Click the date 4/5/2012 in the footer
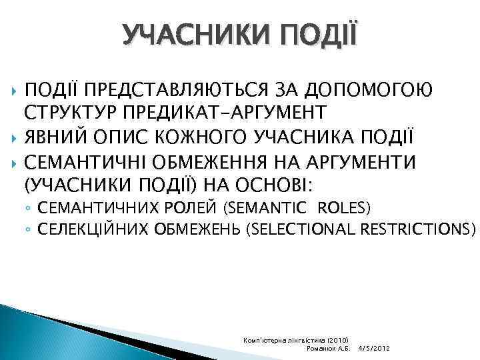click(373, 349)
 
